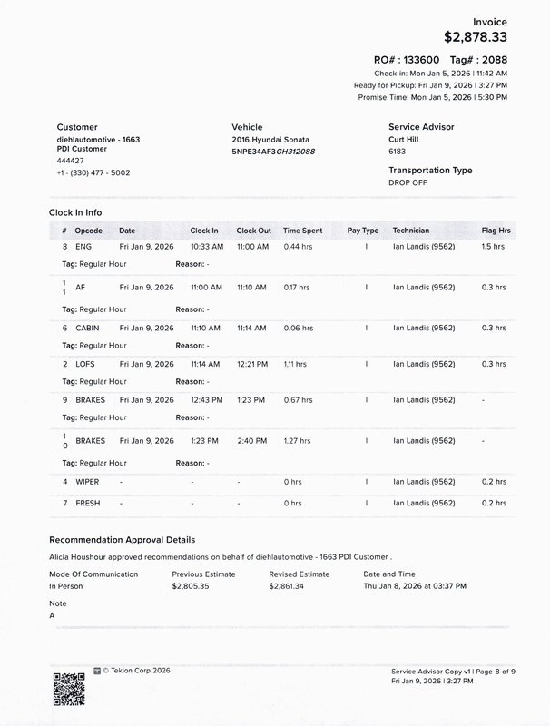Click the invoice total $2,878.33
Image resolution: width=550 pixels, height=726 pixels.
476,37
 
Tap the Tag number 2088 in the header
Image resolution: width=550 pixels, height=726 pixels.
493,59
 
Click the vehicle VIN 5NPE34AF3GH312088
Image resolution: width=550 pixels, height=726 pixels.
273,152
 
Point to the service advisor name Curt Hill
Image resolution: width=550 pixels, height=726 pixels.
408,140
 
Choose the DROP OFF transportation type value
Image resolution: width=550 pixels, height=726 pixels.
408,182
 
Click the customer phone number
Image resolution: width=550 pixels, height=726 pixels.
93,172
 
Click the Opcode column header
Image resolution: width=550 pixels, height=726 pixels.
89,231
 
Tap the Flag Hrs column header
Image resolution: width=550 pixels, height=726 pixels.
496,231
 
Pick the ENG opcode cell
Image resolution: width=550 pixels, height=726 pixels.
83,247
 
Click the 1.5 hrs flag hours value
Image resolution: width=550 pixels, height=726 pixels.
494,247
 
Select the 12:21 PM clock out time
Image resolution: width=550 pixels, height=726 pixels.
251,364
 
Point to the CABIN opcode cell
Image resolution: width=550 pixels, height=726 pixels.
88,328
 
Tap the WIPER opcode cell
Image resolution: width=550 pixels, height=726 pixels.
88,482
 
